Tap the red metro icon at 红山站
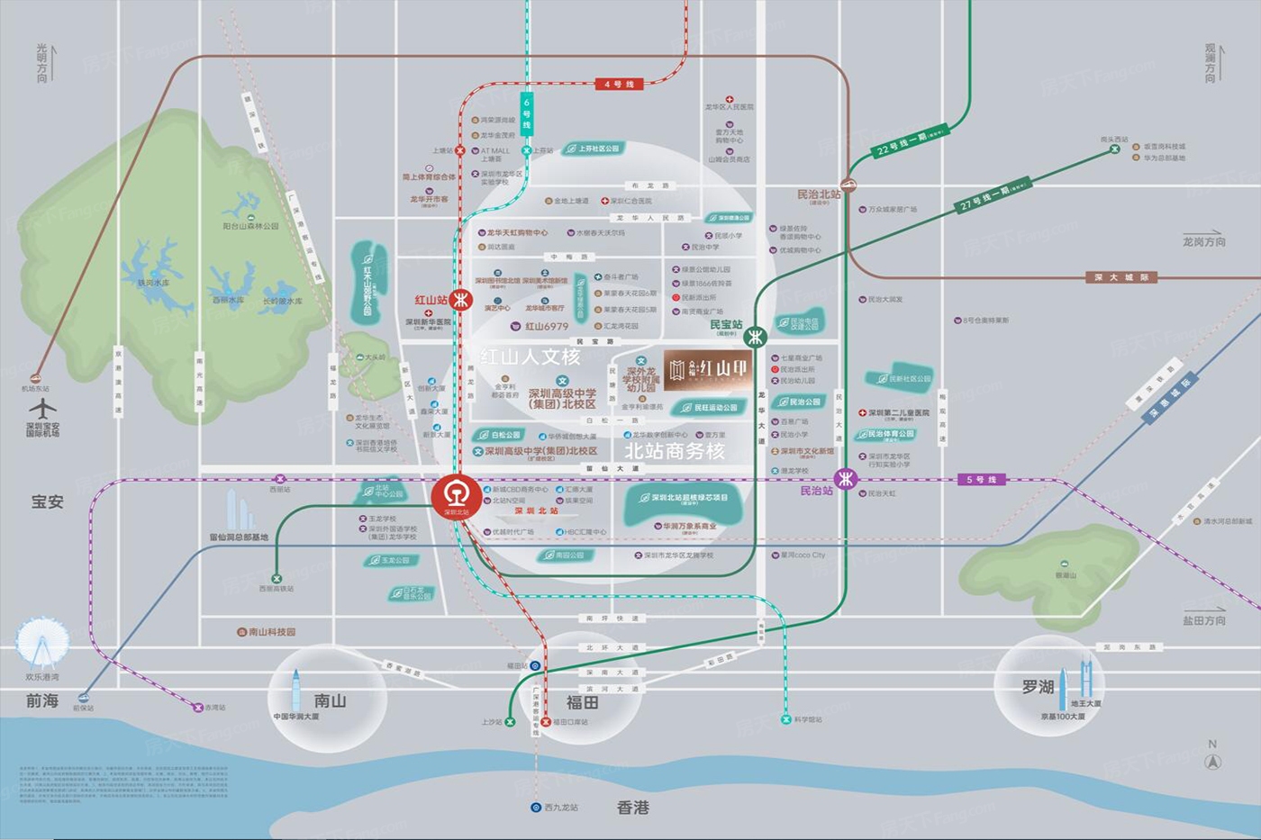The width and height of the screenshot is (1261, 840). click(x=461, y=300)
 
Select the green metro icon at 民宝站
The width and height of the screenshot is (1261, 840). click(x=755, y=337)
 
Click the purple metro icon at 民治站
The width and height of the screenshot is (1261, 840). click(x=845, y=479)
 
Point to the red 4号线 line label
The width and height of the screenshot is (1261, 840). click(x=620, y=84)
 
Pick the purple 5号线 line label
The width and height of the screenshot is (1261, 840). click(x=981, y=480)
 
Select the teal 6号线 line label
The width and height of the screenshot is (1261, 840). click(x=527, y=113)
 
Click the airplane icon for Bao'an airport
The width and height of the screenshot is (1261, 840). click(x=42, y=409)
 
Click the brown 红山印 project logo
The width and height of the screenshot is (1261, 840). click(x=707, y=369)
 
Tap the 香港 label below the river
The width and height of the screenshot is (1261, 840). click(x=632, y=808)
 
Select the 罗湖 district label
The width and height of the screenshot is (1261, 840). click(x=1037, y=686)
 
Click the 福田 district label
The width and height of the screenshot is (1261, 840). click(x=582, y=702)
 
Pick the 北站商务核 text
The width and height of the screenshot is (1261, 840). click(x=675, y=451)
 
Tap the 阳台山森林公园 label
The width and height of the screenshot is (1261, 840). click(x=251, y=227)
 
